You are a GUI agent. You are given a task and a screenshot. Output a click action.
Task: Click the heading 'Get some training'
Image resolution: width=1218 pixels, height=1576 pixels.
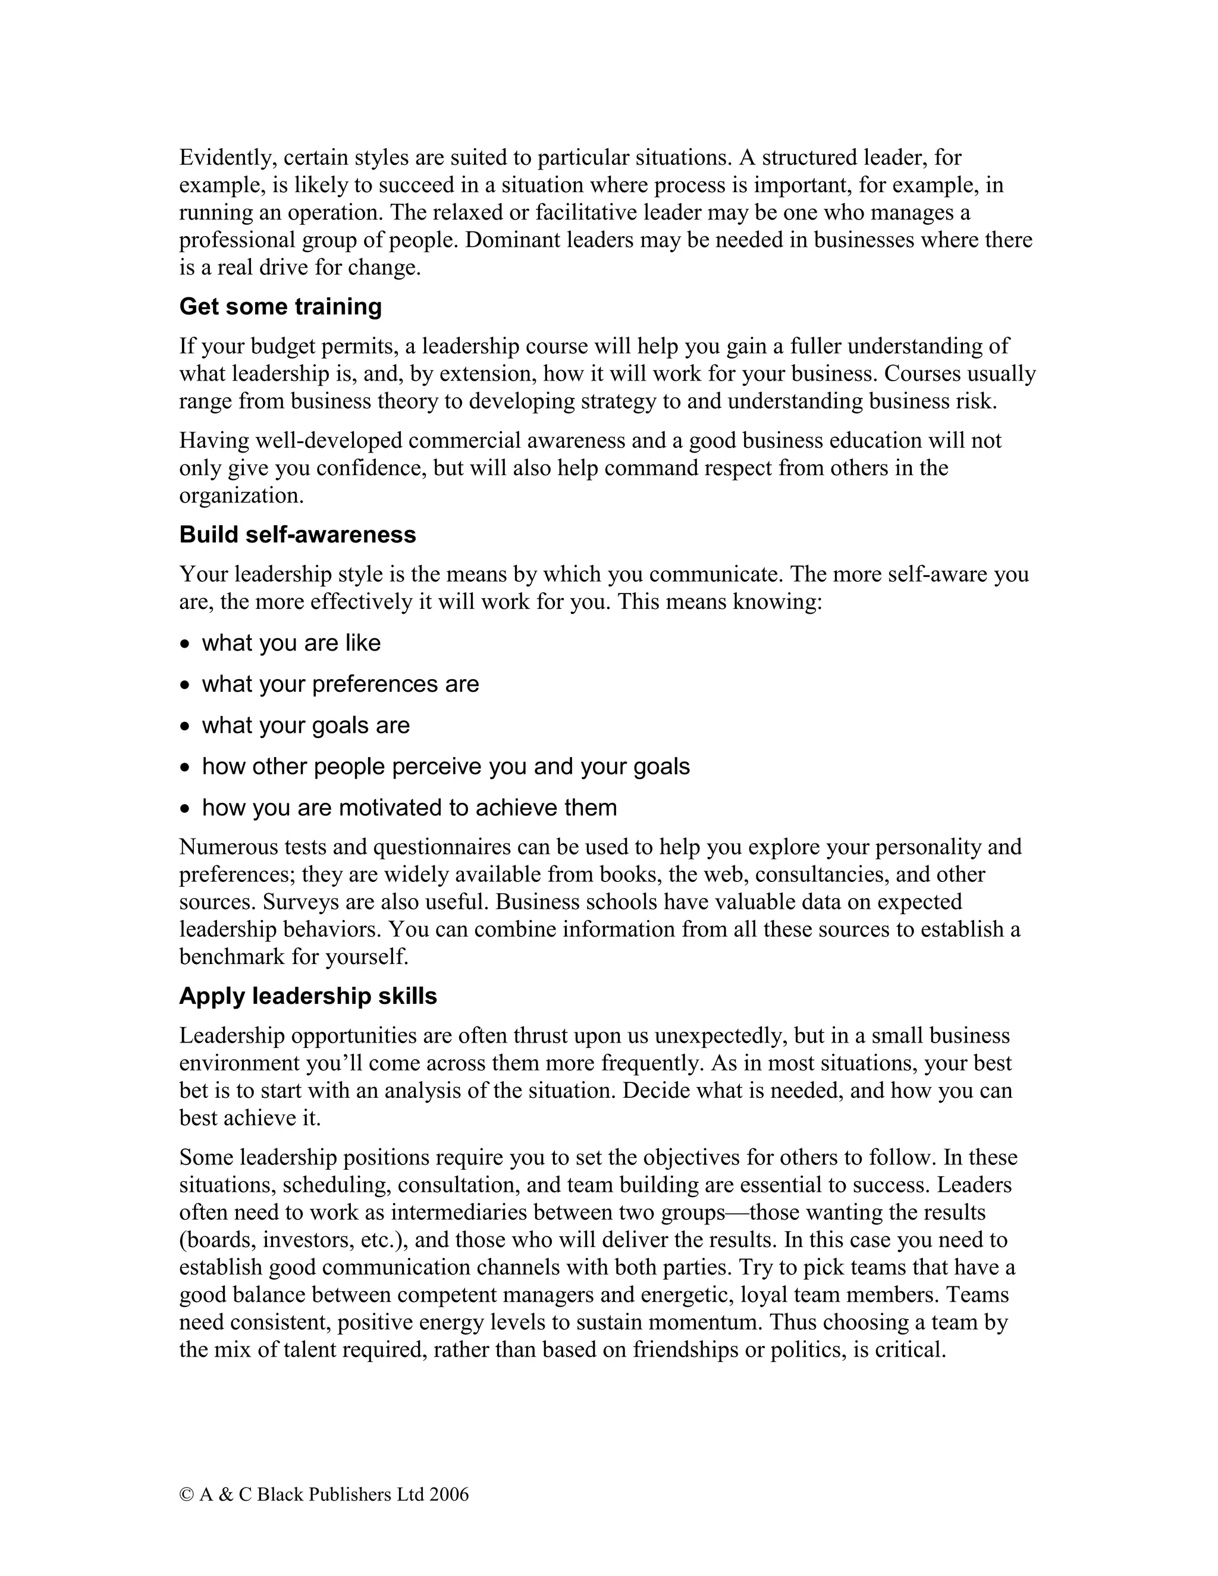pyautogui.click(x=280, y=307)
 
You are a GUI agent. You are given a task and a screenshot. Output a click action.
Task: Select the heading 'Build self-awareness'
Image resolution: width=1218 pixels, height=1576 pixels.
pyautogui.click(x=297, y=535)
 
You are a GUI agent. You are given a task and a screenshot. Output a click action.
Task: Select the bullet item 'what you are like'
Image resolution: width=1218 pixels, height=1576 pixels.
pyautogui.click(x=291, y=643)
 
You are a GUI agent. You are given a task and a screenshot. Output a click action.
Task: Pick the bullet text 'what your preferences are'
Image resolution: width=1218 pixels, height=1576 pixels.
pyautogui.click(x=340, y=684)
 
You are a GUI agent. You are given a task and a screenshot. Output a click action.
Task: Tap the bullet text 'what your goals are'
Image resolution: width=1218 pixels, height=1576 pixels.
pyautogui.click(x=305, y=725)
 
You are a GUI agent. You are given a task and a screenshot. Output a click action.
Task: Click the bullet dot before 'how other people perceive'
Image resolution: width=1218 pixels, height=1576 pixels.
pyautogui.click(x=186, y=768)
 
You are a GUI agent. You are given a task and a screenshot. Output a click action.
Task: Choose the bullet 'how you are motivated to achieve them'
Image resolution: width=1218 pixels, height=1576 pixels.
pyautogui.click(x=409, y=808)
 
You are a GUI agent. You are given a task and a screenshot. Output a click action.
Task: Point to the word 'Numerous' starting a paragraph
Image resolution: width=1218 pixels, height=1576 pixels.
pyautogui.click(x=228, y=846)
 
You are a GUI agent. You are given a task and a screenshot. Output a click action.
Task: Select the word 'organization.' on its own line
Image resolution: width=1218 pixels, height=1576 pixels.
pyautogui.click(x=241, y=496)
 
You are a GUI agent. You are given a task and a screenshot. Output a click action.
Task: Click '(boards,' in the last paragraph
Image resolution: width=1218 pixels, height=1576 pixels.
pyautogui.click(x=217, y=1240)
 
